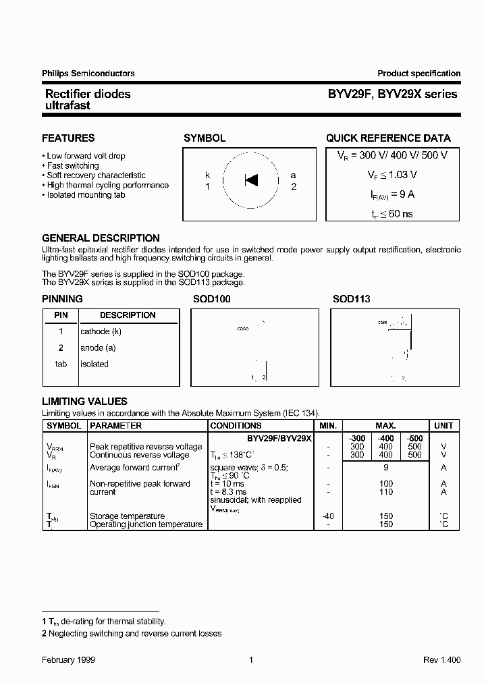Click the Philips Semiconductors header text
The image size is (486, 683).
[88, 74]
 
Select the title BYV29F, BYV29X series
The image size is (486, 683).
[391, 94]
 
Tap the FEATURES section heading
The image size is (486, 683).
[68, 138]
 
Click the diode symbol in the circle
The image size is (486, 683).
[251, 180]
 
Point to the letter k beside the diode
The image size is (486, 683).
[208, 175]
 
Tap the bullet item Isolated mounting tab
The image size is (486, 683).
[86, 195]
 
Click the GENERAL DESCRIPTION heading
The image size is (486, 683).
[101, 238]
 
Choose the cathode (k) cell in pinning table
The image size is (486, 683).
[101, 331]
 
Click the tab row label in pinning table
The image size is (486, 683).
[61, 364]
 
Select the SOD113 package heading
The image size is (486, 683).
[351, 298]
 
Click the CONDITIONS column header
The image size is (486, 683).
[236, 426]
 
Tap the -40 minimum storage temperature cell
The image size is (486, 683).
[328, 516]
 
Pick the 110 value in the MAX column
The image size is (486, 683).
[385, 492]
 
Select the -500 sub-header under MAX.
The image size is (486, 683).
[415, 439]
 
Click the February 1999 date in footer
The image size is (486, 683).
[68, 660]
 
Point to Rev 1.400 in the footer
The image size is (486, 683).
[441, 660]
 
